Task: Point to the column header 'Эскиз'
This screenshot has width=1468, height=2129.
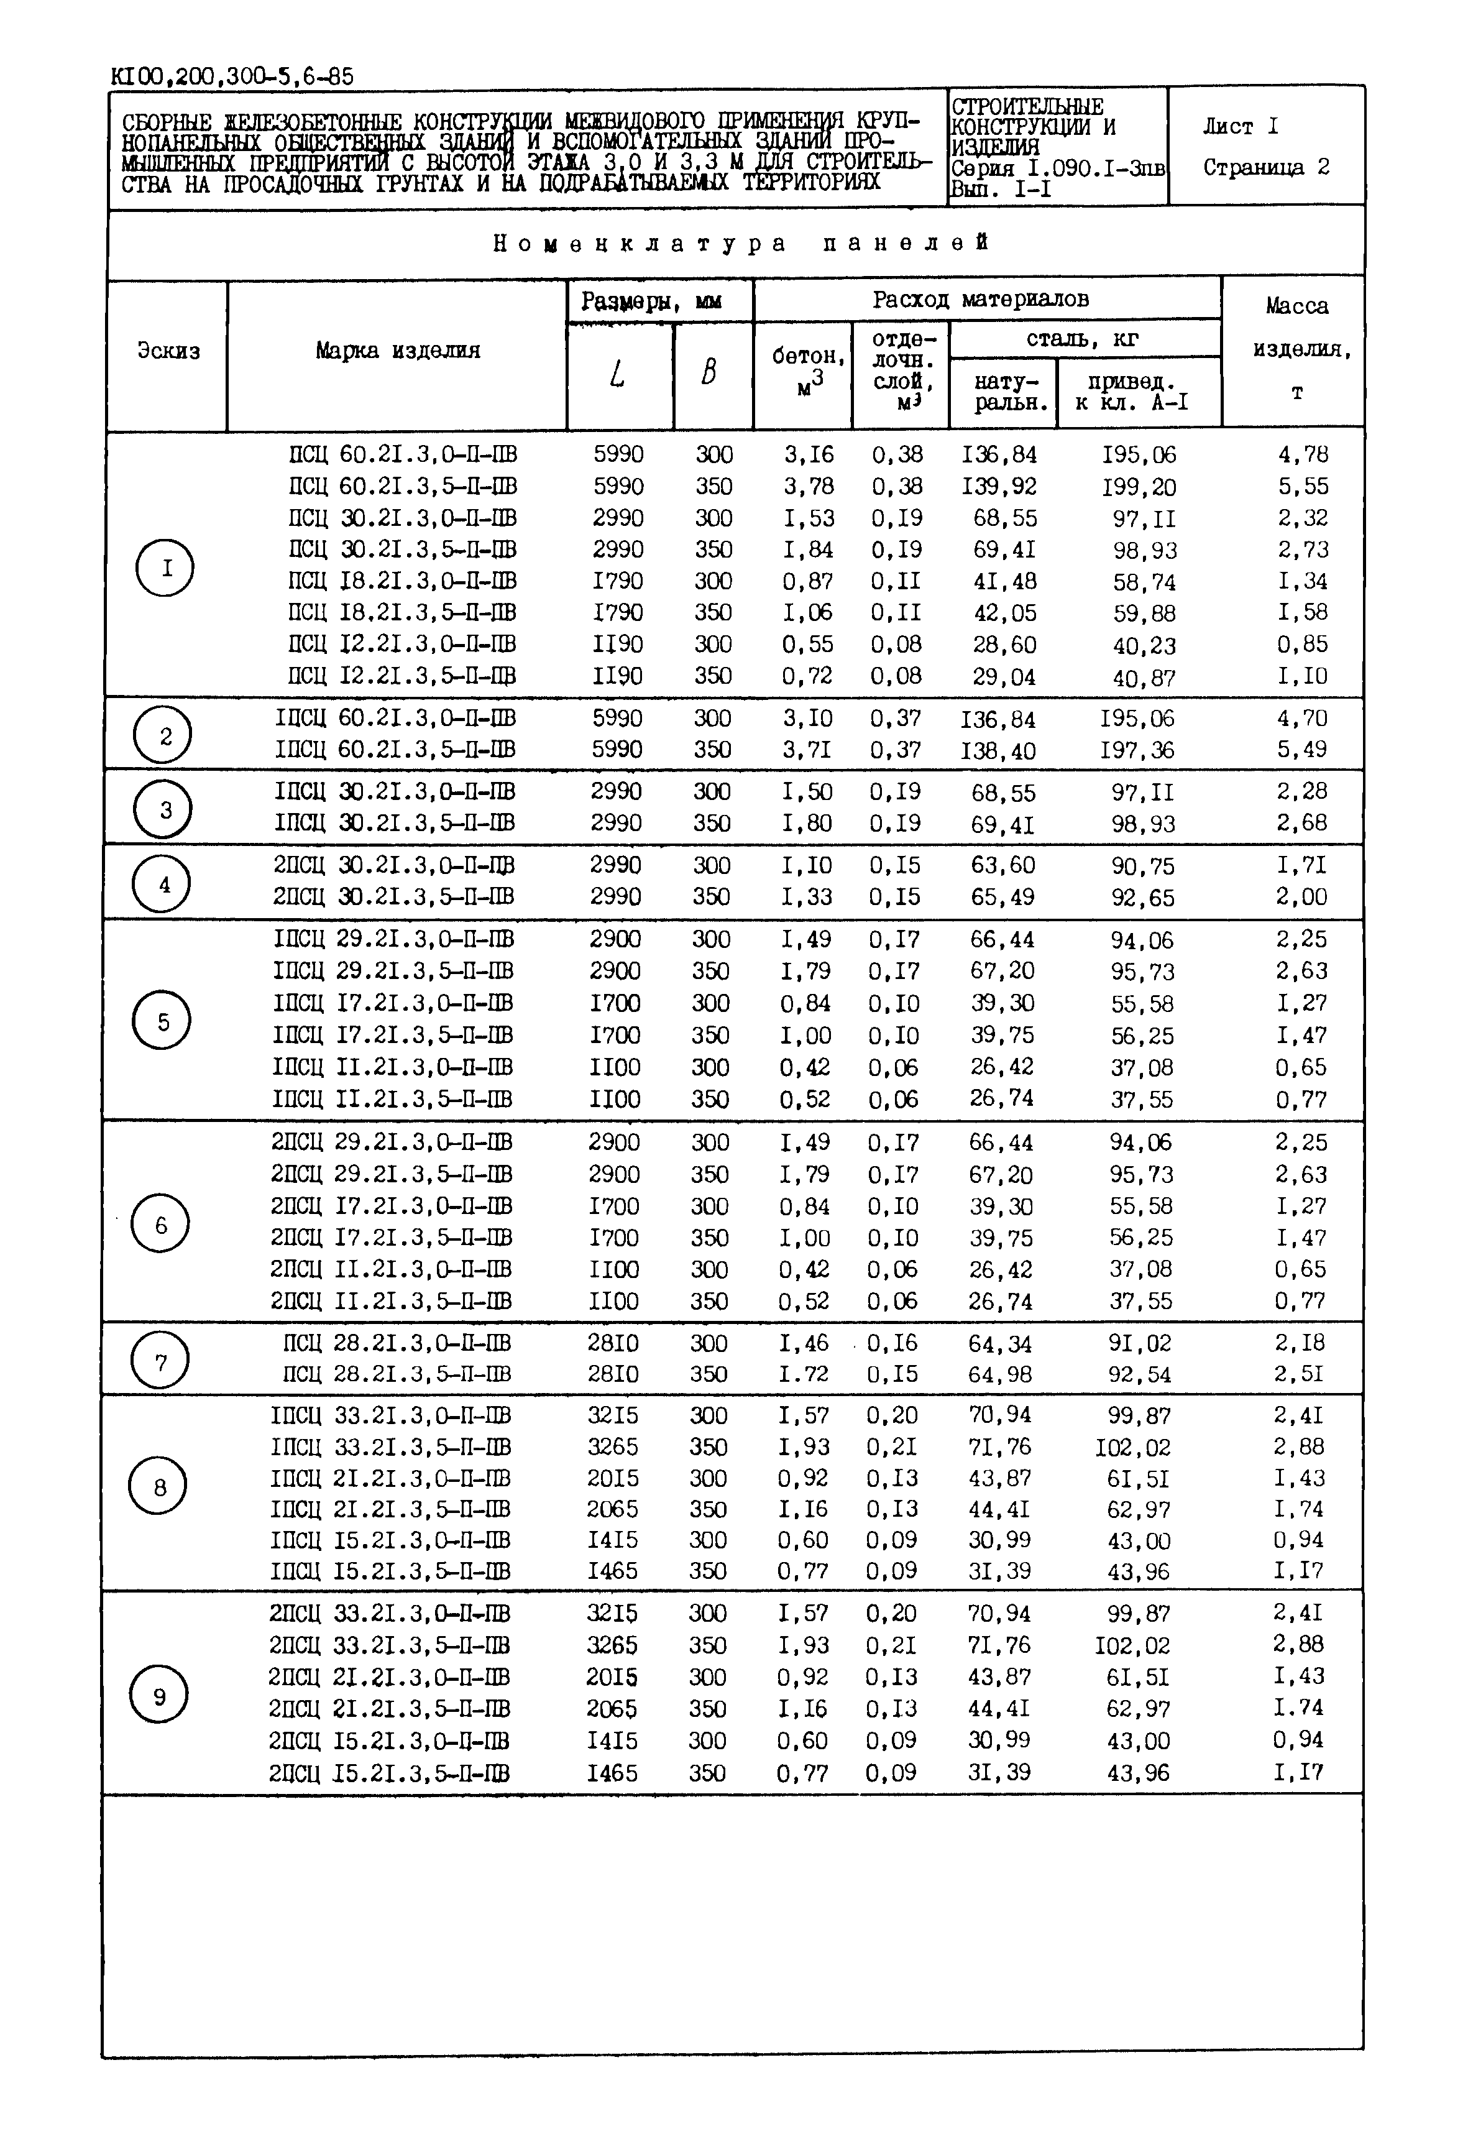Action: tap(168, 351)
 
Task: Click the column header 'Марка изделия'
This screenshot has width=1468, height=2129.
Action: tap(397, 351)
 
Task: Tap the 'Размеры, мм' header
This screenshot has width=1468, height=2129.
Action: tap(651, 301)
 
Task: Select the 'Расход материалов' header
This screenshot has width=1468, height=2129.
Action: tap(981, 299)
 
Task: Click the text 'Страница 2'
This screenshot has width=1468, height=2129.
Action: tap(1265, 167)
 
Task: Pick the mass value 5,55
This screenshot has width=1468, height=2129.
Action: tap(1303, 487)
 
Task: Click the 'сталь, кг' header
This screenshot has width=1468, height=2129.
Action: tap(1083, 339)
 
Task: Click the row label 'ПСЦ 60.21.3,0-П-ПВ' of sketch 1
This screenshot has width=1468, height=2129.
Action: tap(402, 454)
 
